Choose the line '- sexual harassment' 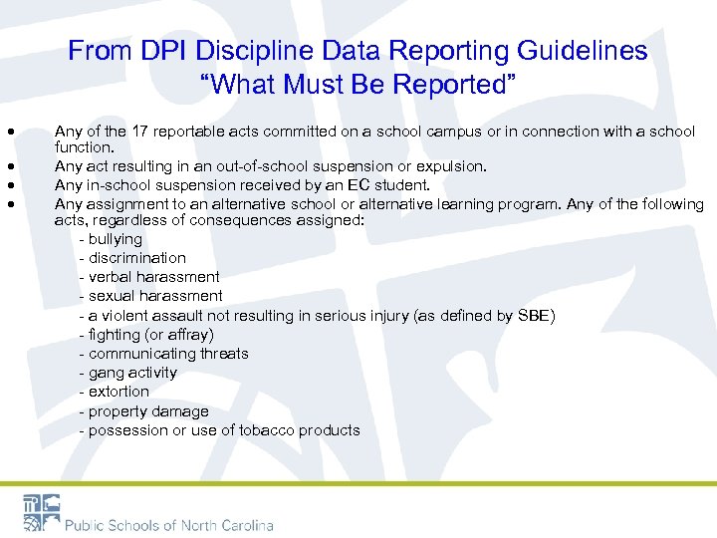pos(150,296)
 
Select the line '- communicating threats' pos(163,354)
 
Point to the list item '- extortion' pos(115,392)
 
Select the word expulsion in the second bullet pos(452,166)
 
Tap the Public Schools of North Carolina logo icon pos(41,512)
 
